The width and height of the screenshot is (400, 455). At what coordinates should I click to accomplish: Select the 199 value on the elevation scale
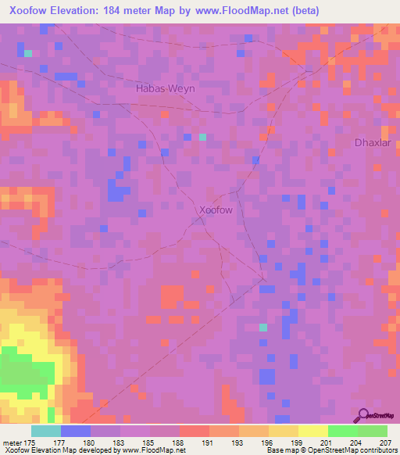coord(296,442)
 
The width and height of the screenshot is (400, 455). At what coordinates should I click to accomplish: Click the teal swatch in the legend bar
coord(45,431)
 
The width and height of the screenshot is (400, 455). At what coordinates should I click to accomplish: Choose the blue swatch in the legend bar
coord(75,431)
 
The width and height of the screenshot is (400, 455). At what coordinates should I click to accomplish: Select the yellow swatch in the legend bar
coord(312,431)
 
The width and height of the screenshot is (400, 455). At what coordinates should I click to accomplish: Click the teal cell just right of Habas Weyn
coord(202,137)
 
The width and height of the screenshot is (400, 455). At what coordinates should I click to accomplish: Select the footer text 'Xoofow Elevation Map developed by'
coord(59,450)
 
